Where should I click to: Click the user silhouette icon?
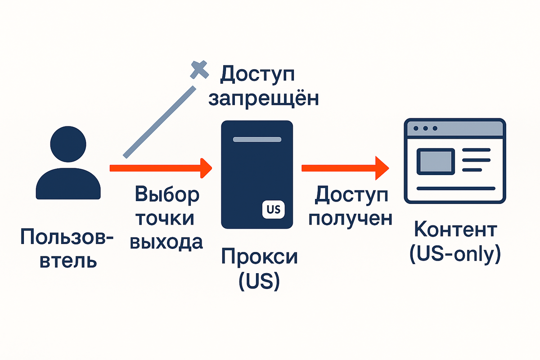point(68,164)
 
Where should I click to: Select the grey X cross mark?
point(200,70)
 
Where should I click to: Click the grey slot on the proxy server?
point(257,139)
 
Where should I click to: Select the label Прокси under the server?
point(259,257)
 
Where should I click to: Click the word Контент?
point(454,229)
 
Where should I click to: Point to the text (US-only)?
point(454,254)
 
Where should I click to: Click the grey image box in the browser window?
point(435,161)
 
